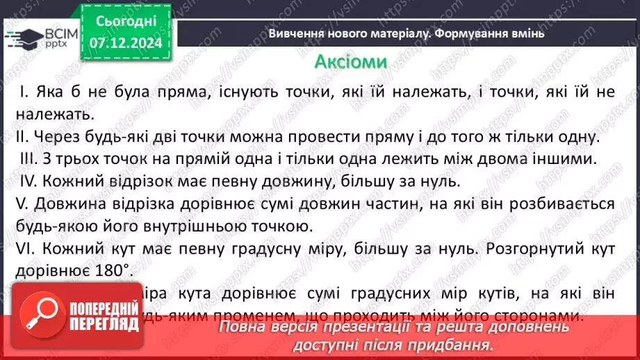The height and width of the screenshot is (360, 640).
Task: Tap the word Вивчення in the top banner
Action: click(x=294, y=33)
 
